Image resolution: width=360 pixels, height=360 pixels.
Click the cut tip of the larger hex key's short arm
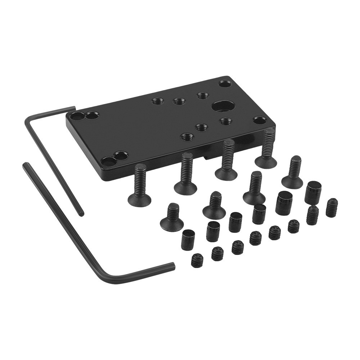173,266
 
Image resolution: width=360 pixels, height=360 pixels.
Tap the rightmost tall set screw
332,208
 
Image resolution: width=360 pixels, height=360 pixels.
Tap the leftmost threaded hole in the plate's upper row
158,101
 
